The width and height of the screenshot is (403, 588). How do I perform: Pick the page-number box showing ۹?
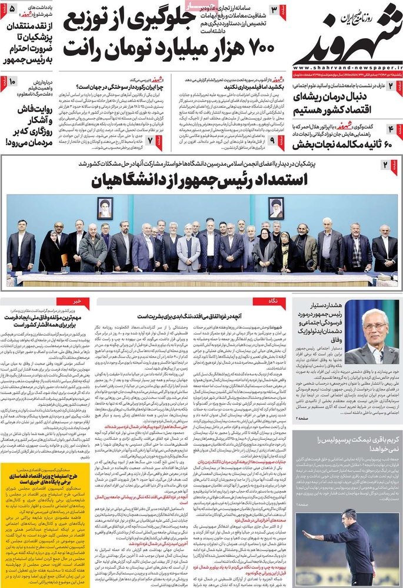coord(272,140)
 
